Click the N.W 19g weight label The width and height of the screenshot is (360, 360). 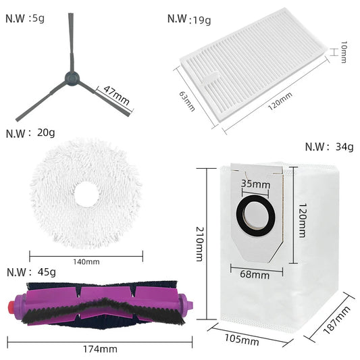189,18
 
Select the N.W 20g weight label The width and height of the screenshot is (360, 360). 30,133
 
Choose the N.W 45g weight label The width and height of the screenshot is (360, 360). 30,272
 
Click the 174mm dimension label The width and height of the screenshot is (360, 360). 99,349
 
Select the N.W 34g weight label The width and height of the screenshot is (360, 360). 329,147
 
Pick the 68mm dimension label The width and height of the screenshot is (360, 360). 255,274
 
